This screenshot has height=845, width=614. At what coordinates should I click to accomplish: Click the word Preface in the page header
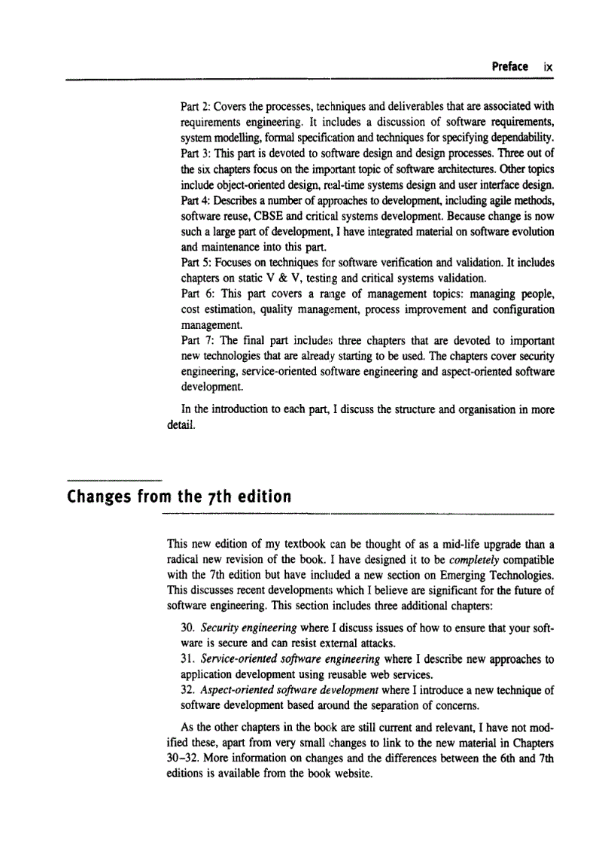[509, 66]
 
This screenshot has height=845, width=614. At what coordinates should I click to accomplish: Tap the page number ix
[548, 66]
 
